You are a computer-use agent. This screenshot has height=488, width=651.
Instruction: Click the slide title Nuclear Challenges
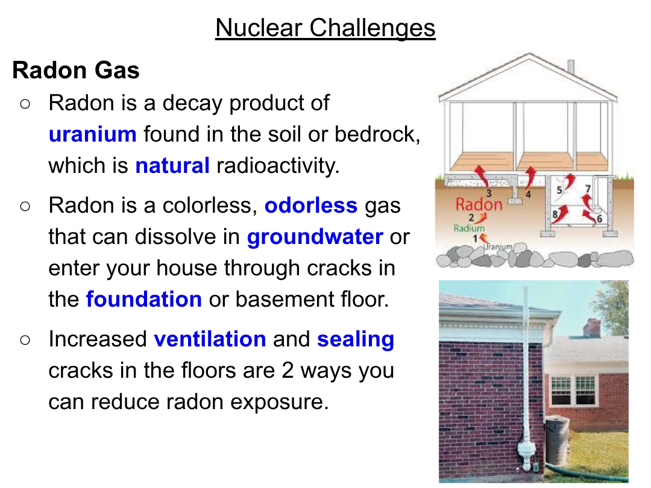point(325,28)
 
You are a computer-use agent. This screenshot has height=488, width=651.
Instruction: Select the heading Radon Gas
point(76,70)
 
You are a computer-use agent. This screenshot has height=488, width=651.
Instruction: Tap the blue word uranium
point(93,134)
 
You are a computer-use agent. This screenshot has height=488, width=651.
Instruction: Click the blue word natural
point(172,166)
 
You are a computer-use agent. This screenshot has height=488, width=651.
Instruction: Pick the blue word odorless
point(311,205)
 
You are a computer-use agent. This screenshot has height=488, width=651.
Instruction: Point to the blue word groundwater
point(315,237)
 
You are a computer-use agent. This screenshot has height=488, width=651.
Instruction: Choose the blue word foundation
point(144,299)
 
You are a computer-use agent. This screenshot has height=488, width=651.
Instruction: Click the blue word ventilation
point(210,339)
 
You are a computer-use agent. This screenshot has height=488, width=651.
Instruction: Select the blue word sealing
point(356,340)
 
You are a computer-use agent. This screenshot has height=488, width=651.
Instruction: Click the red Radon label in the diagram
point(479,205)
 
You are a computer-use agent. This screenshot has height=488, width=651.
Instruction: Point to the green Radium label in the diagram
point(469,228)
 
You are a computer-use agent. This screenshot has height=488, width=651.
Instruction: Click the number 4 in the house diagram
point(528,194)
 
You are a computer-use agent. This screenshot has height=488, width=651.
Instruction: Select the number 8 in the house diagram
point(555,214)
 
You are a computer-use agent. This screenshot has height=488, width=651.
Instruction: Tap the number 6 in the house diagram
point(599,219)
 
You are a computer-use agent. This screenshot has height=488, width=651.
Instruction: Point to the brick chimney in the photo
point(592,327)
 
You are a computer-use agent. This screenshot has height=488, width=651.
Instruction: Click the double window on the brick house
point(573,390)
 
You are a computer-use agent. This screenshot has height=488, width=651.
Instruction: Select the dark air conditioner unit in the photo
point(557,440)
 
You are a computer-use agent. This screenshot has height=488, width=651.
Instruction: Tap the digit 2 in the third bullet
point(288,371)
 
